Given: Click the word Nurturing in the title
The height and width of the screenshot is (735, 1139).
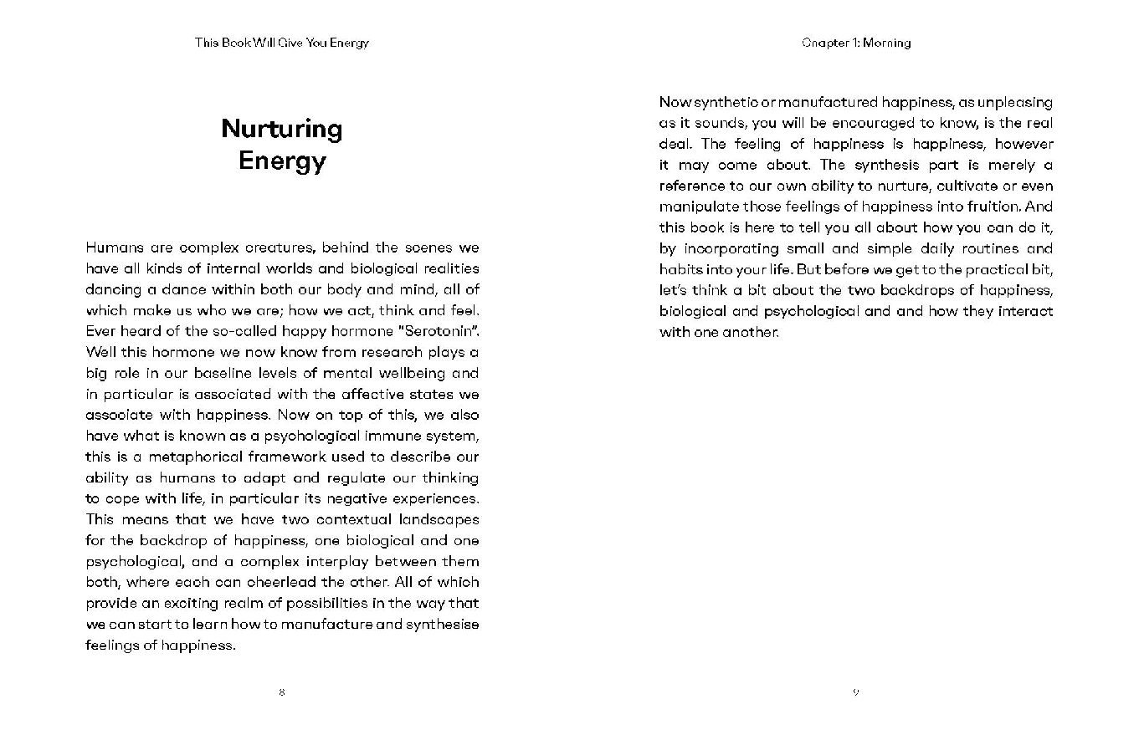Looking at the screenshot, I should coord(282,129).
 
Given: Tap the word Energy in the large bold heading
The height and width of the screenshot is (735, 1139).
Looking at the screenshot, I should coord(282,161).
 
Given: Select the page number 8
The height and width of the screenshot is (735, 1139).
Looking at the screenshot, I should coord(282,692).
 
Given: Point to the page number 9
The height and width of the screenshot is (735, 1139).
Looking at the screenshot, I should coord(855,692).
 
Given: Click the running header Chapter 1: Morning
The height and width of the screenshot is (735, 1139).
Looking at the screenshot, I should coord(855,43).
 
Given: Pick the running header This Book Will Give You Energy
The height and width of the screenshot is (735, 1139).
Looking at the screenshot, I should coord(282,43).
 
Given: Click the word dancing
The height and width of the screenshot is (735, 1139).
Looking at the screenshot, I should coord(111,289).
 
